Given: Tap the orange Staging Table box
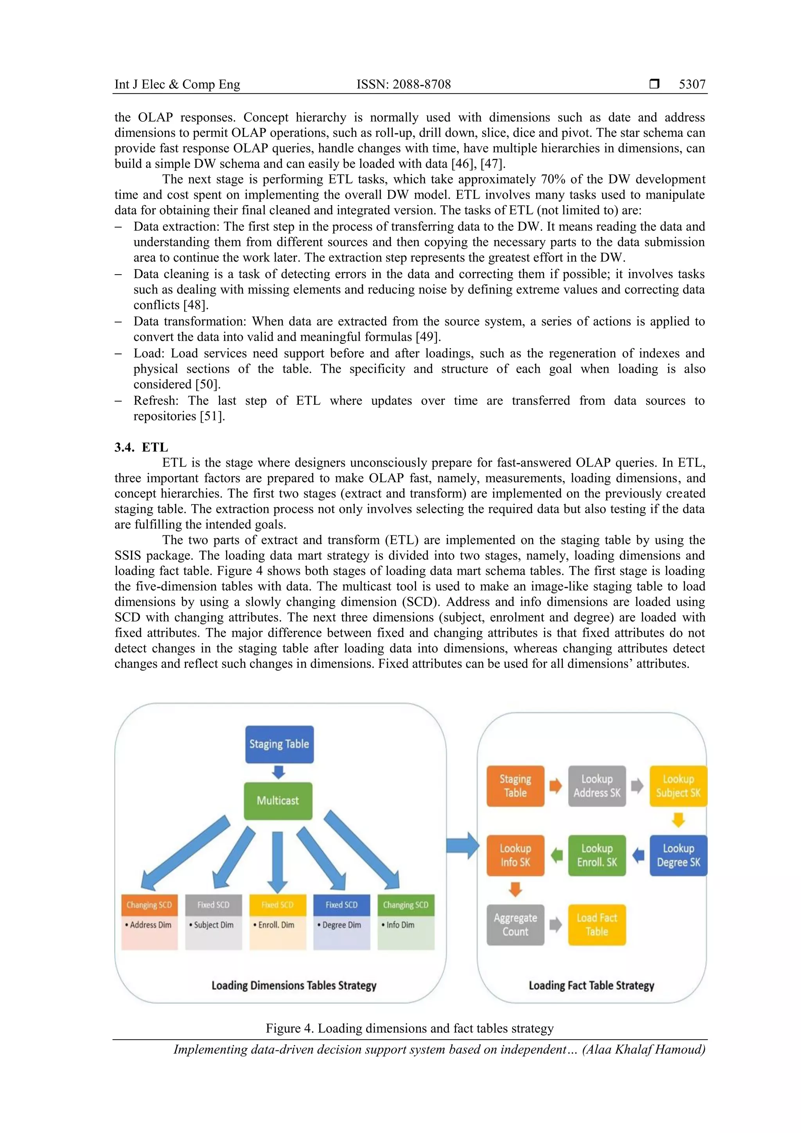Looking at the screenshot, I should click(x=515, y=786).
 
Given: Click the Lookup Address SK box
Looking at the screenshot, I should click(x=597, y=786).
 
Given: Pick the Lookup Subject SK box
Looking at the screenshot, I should click(x=678, y=786).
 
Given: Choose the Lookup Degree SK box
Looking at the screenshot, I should click(x=678, y=855).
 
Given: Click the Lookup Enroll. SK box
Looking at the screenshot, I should click(x=597, y=855).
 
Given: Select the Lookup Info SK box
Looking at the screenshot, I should click(x=515, y=855).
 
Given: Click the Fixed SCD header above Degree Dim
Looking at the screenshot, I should click(x=341, y=905).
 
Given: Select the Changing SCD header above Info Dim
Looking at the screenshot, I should click(x=406, y=905).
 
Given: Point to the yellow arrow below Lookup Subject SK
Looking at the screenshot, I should click(x=679, y=820).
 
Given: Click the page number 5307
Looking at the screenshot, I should click(x=692, y=84).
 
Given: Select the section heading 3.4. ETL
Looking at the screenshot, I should click(x=142, y=447).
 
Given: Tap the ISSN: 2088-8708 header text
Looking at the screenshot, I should click(x=403, y=84).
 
